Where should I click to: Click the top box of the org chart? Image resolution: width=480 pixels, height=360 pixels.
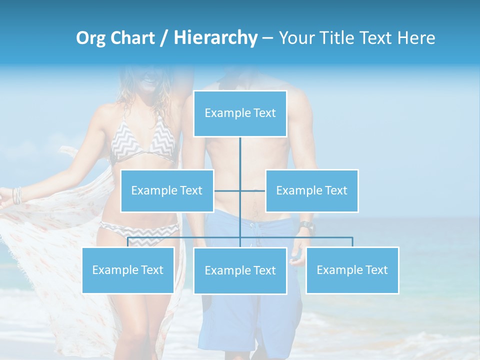coord(240,113)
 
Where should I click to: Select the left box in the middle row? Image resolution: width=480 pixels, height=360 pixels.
coord(167,190)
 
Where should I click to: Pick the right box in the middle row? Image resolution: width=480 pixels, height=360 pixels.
coord(311,190)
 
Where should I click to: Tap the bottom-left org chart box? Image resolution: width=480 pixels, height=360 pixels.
coord(128,270)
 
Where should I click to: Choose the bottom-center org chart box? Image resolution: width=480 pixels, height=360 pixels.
coord(240,270)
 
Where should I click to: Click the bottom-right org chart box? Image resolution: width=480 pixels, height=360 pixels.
coord(352,270)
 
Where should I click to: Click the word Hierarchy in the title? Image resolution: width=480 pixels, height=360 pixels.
coord(215,38)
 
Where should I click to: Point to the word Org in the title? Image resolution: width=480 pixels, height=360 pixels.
coord(90,38)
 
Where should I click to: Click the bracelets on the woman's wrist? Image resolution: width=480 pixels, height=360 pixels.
coord(18,195)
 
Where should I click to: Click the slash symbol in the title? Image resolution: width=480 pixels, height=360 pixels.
coord(164,38)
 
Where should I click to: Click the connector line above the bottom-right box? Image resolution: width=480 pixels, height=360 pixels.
coord(352,242)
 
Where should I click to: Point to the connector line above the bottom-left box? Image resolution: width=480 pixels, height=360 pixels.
coord(128,242)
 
